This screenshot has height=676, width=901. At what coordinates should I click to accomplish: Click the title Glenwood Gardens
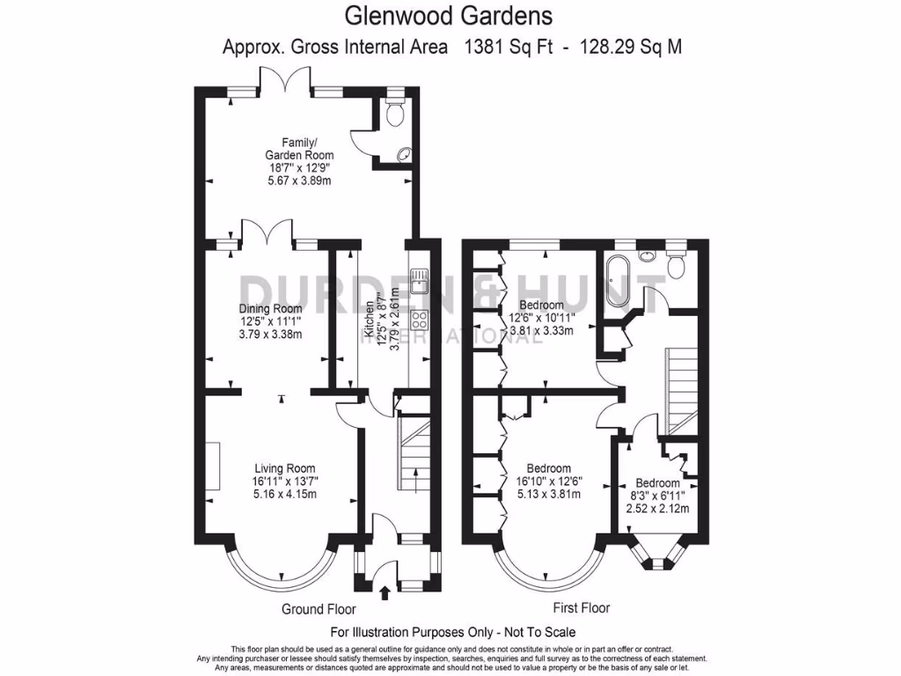tap(449, 16)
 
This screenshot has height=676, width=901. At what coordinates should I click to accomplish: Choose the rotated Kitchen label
tap(369, 320)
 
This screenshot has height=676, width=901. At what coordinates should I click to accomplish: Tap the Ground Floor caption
tap(318, 609)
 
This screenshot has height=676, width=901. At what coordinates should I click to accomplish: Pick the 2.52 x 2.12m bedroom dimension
tap(657, 508)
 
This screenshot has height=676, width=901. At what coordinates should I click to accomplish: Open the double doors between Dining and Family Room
tap(267, 234)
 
